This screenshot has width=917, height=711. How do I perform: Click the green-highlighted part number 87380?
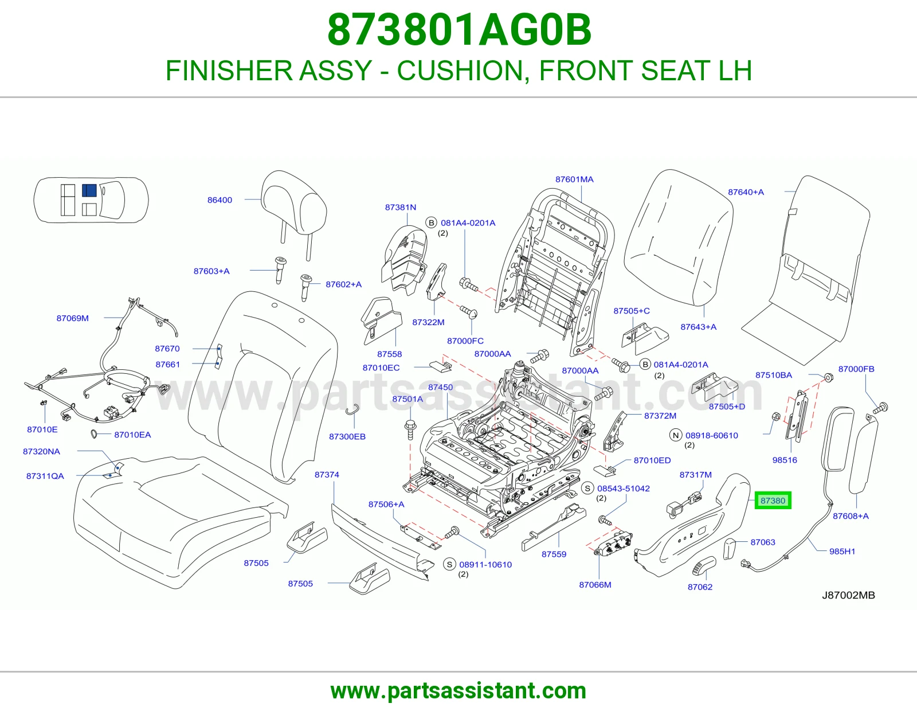click(773, 501)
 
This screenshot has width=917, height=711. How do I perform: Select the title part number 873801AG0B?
click(459, 30)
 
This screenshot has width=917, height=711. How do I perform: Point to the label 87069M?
click(73, 318)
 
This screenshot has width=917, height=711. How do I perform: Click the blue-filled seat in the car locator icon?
click(89, 190)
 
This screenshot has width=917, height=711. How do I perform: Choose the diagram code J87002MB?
click(848, 595)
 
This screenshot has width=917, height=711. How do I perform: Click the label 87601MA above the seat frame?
click(574, 179)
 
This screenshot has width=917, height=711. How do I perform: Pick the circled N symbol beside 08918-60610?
click(676, 435)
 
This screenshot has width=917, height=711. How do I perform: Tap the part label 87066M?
click(595, 585)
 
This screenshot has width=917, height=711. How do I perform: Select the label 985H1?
click(842, 551)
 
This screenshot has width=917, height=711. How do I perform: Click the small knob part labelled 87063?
click(730, 548)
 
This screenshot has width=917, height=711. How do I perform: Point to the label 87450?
click(440, 387)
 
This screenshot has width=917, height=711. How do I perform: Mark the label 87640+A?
click(746, 192)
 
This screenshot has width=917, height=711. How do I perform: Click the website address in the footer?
click(458, 691)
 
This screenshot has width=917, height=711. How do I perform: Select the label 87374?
click(327, 475)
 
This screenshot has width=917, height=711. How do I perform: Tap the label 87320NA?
click(41, 451)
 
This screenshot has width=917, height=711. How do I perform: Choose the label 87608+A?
click(851, 515)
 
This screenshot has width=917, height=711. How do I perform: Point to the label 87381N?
click(401, 207)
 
